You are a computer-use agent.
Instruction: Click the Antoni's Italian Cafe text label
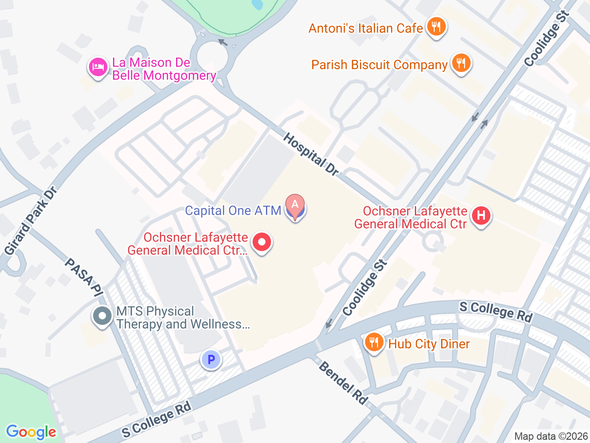[366, 29]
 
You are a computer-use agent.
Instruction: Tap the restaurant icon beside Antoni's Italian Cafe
[436, 27]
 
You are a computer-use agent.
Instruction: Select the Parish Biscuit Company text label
[379, 65]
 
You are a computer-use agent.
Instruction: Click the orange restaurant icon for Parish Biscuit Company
[461, 63]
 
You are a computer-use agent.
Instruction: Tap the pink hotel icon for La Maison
[98, 67]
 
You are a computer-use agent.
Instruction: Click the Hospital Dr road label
[311, 154]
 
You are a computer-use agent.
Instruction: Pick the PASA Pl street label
[83, 277]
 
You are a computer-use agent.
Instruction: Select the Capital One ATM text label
[233, 211]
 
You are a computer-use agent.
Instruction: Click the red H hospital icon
[481, 216]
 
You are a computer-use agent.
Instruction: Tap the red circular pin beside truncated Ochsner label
[262, 242]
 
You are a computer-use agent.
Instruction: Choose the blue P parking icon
[211, 359]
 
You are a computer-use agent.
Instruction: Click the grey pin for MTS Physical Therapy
[102, 317]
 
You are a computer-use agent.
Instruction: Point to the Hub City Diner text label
[429, 344]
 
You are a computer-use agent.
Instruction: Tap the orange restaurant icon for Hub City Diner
[374, 342]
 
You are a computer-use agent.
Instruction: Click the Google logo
[31, 432]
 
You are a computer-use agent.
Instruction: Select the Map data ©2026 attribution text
[551, 436]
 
